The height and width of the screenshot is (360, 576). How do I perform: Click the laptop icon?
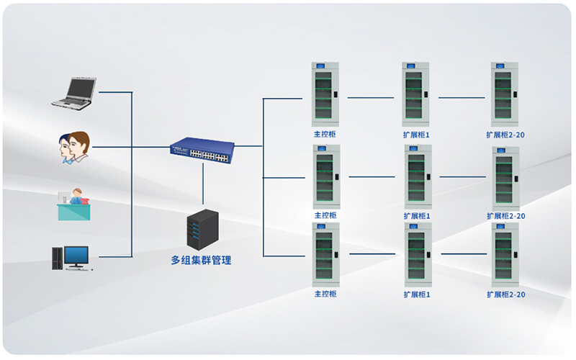coord(74,92)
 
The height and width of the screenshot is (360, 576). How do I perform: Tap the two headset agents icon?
coord(74,148)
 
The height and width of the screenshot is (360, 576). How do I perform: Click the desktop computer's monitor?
coord(76,256)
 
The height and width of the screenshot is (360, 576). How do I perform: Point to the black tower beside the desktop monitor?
coord(57,258)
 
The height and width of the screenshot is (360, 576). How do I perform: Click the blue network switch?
coord(202,149)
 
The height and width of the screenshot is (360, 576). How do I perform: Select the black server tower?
coord(202,228)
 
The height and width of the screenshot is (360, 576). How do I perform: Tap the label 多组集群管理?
coord(201,260)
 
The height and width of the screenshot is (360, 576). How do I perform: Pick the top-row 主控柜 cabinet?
coord(325,94)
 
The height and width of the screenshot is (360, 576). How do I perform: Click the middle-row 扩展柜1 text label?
coord(416,215)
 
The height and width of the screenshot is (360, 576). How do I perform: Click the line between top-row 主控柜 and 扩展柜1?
coord(370,97)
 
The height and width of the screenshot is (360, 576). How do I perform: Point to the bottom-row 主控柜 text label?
coord(325,294)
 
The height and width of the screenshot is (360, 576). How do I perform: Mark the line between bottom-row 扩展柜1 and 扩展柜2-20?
coord(464,254)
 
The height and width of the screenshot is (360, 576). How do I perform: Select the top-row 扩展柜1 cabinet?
coord(415,94)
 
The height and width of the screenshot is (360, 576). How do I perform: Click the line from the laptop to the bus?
coord(115,92)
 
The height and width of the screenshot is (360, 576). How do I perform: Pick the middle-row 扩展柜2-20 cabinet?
coord(505,178)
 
